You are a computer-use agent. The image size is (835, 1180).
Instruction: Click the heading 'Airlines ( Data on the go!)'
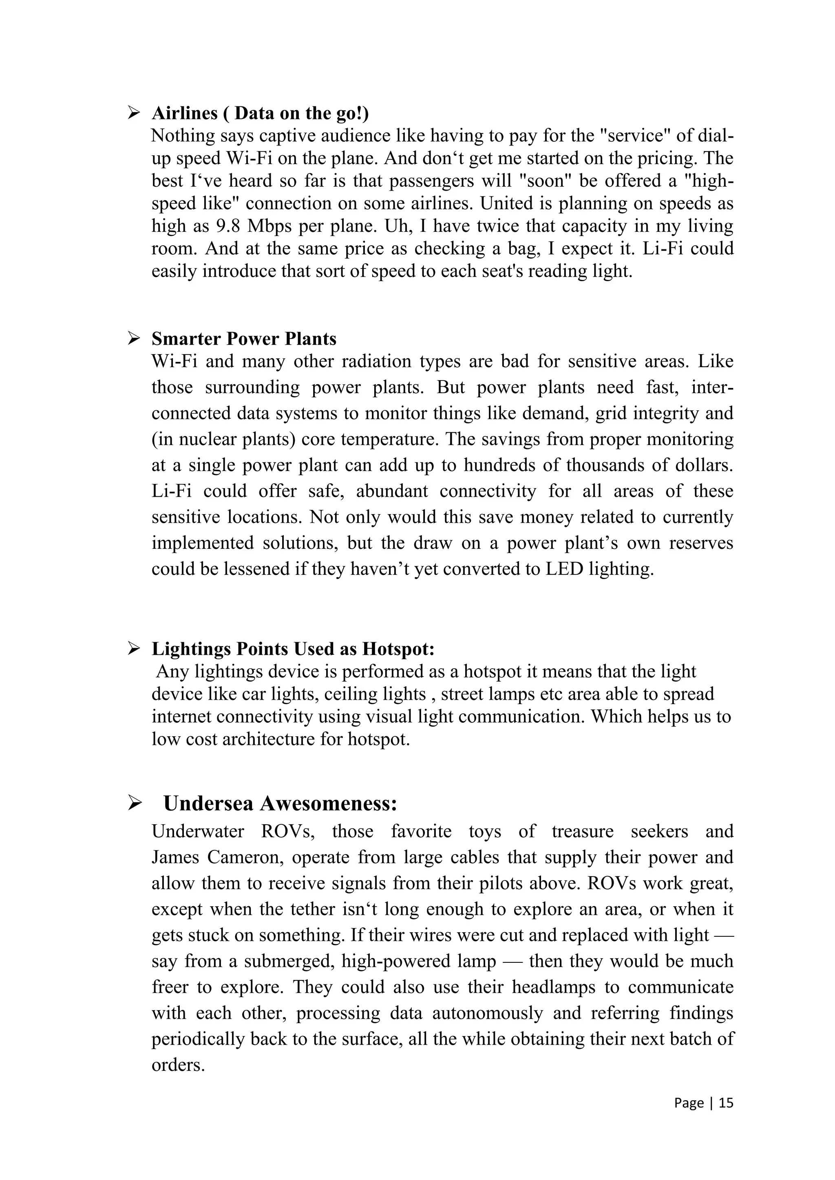[260, 113]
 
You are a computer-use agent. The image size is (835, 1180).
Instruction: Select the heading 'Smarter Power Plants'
[244, 339]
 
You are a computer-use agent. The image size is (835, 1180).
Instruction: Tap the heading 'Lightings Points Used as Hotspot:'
[293, 649]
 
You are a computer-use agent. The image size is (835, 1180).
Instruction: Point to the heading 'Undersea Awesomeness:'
[280, 803]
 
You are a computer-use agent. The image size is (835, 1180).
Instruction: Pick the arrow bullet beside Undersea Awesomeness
[134, 803]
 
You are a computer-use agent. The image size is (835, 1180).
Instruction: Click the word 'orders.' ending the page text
[178, 1065]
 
